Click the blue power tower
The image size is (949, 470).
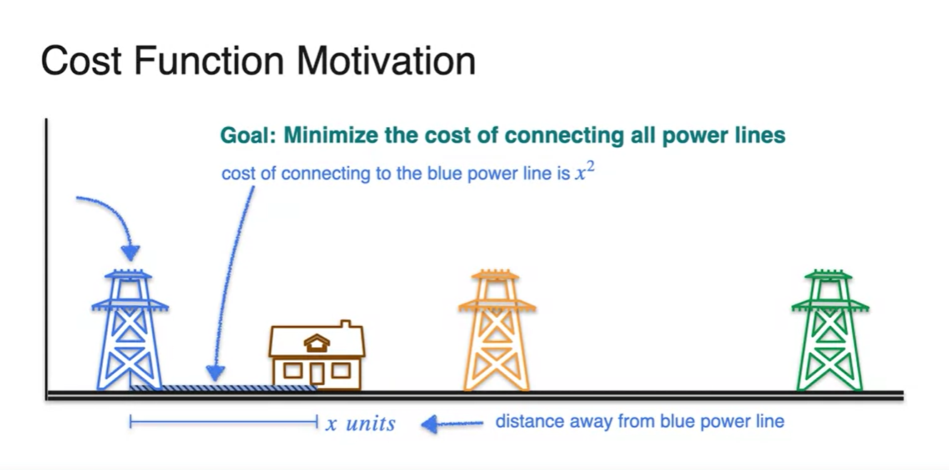[130, 331]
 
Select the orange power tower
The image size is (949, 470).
[497, 331]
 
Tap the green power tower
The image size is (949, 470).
[830, 331]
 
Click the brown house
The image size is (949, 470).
[316, 355]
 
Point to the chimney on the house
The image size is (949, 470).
[346, 324]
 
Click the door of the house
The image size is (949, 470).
[317, 374]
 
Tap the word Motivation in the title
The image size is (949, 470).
[386, 61]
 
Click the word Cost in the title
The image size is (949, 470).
[81, 61]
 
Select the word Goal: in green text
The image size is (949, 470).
[248, 136]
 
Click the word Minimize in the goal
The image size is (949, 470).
[331, 136]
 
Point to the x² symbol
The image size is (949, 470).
[585, 171]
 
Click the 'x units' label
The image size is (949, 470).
[361, 424]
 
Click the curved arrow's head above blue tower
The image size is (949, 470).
[130, 253]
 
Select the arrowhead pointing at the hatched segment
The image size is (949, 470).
[215, 373]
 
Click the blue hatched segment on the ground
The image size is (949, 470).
[224, 388]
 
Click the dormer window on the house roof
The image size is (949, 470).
[316, 343]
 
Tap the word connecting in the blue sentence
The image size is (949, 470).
[326, 174]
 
